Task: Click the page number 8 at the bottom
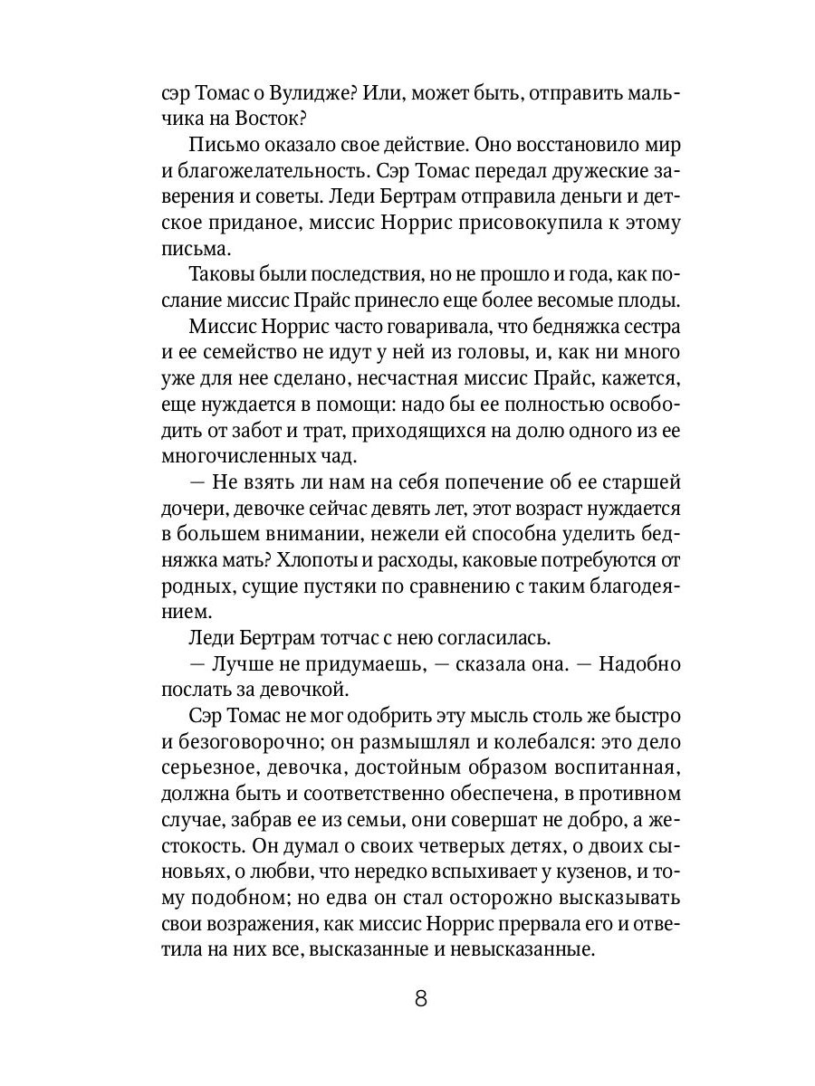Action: point(419,999)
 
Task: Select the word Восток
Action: point(327,119)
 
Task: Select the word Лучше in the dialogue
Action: point(242,664)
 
